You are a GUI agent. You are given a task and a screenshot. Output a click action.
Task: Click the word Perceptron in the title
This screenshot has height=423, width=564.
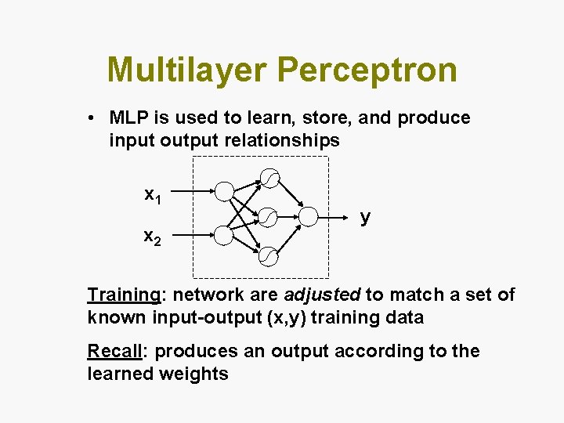(x=367, y=70)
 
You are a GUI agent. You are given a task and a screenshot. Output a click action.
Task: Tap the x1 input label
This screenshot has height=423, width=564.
(x=153, y=195)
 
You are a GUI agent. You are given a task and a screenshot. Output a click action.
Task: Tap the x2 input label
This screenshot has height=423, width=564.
(x=153, y=237)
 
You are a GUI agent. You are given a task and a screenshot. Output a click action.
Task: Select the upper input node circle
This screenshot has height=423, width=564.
(x=225, y=191)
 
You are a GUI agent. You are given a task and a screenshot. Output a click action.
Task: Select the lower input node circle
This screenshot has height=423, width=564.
(x=225, y=235)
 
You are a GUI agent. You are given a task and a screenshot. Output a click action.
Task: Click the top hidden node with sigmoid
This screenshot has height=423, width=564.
(x=269, y=179)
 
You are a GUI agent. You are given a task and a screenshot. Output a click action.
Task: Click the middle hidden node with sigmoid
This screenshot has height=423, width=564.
(x=269, y=215)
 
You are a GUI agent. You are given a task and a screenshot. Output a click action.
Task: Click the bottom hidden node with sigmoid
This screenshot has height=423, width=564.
(x=269, y=255)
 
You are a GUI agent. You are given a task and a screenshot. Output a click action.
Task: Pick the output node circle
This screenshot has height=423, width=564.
(x=308, y=215)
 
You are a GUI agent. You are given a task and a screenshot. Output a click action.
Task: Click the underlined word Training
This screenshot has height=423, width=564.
(x=123, y=295)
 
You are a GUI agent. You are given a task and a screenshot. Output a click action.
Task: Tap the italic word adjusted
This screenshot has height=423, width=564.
(x=322, y=295)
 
